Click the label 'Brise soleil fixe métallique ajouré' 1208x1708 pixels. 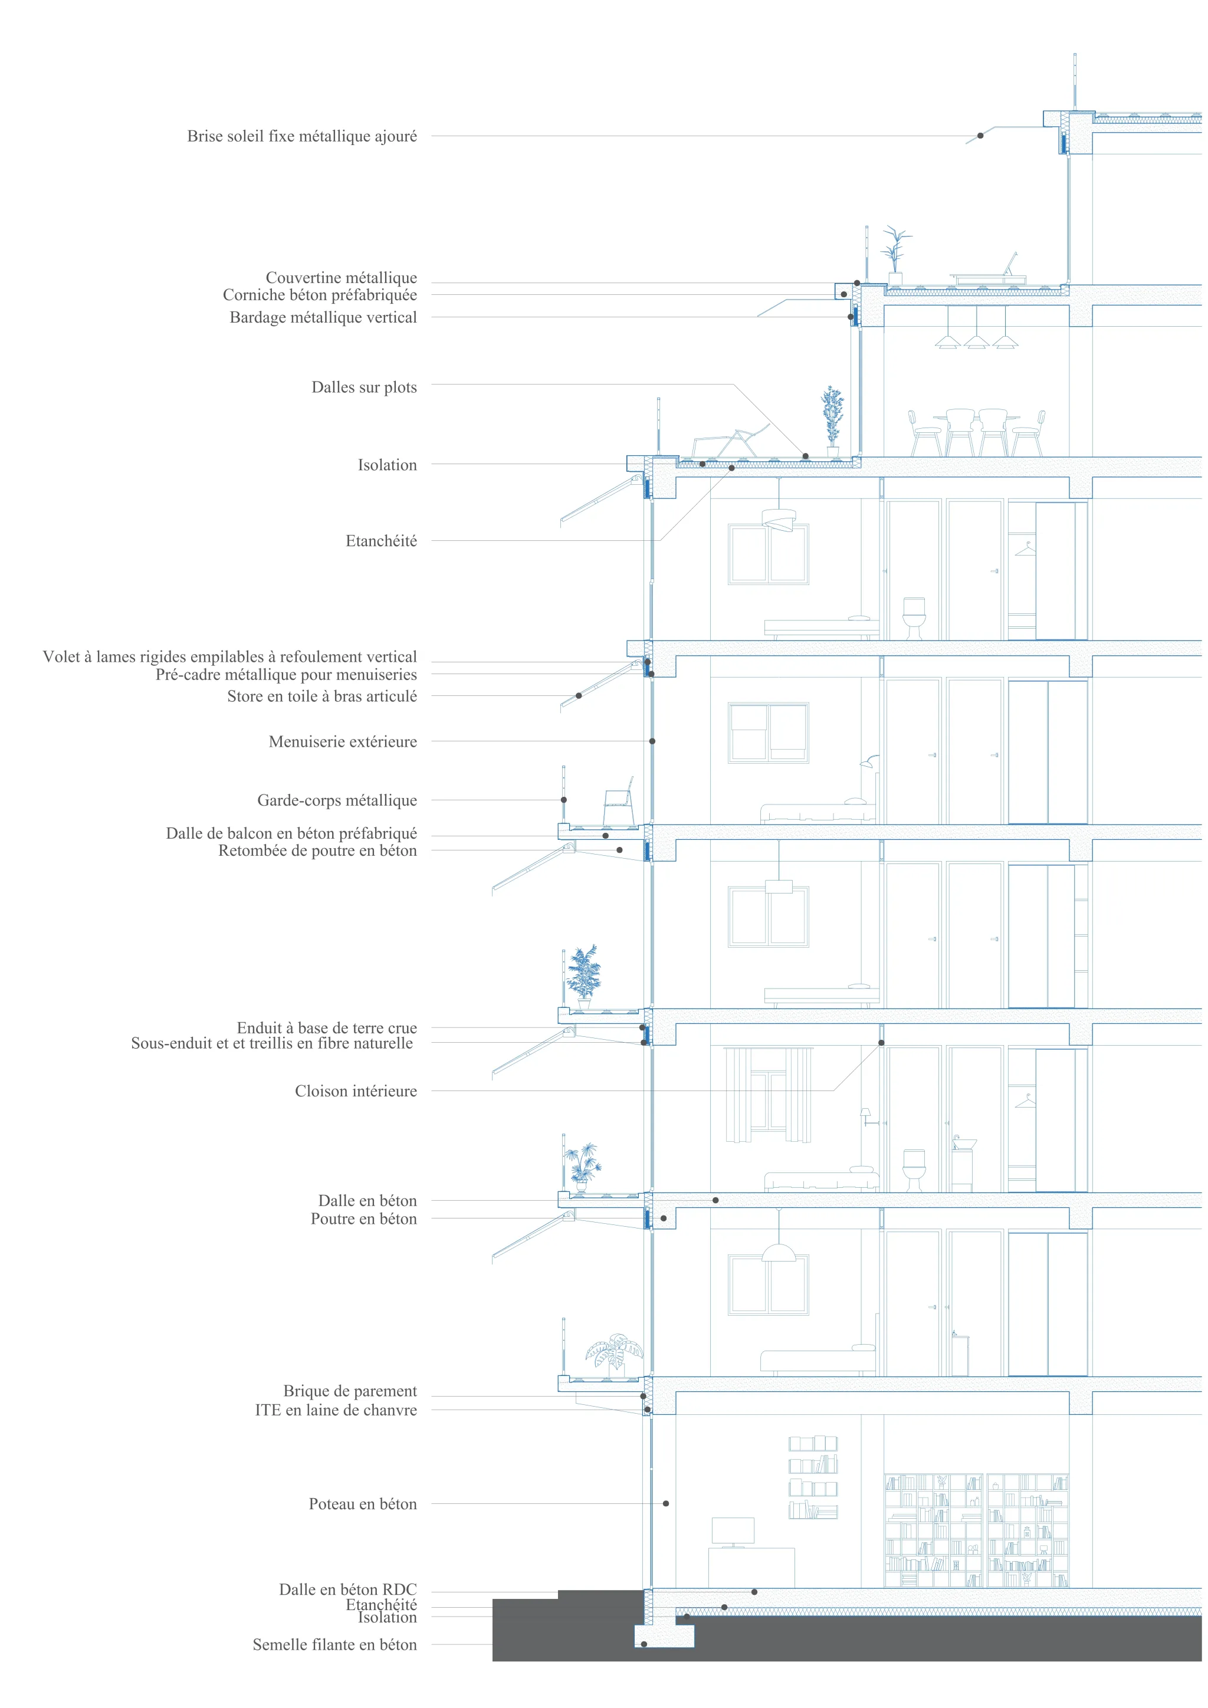pos(302,136)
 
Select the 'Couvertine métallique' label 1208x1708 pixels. pos(342,277)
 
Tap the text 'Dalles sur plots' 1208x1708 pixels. pos(364,387)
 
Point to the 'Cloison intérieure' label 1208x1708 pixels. pos(356,1091)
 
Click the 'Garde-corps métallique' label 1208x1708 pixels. pos(337,800)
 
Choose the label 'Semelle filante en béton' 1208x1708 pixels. pos(334,1644)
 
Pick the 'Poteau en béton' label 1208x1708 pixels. pos(363,1503)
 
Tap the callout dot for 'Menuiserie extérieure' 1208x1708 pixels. pos(652,741)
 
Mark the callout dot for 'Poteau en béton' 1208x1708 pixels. pos(666,1503)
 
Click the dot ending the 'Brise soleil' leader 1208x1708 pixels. pos(980,136)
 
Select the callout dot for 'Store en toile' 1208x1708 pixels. pos(579,695)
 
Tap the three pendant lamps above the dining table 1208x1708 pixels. pos(976,333)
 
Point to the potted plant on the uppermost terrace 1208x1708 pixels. pos(895,253)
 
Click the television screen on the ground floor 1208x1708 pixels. pos(733,1530)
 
